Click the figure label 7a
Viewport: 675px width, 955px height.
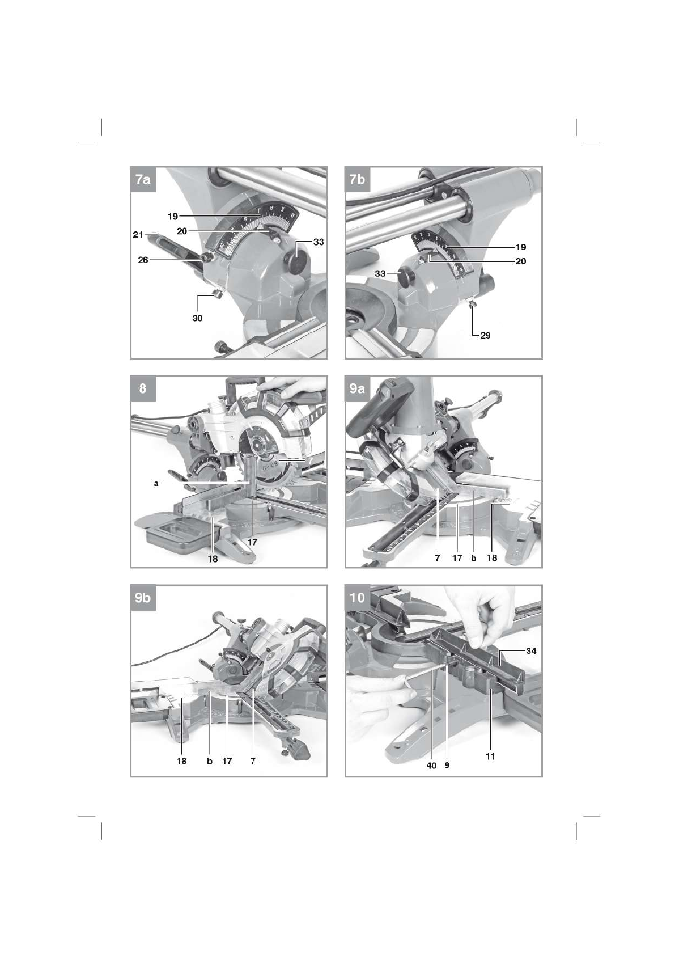(143, 180)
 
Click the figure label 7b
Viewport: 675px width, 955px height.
(357, 180)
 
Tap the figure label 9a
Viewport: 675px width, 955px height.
(357, 389)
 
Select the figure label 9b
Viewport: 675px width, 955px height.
(143, 598)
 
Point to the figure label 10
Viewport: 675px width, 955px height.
(357, 598)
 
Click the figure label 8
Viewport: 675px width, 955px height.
(143, 389)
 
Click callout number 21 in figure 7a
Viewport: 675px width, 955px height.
(138, 234)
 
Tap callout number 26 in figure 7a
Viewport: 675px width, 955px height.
(143, 259)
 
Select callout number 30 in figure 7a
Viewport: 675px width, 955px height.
(197, 318)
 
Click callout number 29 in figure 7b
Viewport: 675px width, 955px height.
(485, 336)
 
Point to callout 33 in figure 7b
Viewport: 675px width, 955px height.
(380, 273)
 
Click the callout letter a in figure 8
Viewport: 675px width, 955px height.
(156, 484)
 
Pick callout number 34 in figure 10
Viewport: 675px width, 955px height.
(531, 651)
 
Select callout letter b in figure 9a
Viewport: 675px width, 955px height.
(473, 558)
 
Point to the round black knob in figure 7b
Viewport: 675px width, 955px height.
(407, 278)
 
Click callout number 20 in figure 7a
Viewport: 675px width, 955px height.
(182, 231)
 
